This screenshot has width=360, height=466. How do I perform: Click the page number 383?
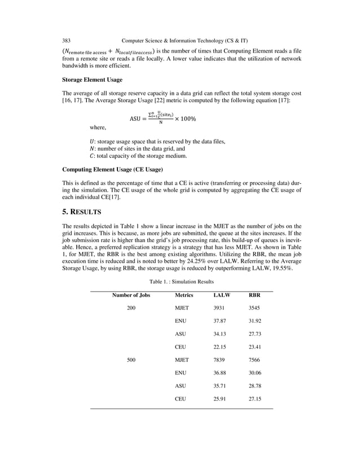[x=66, y=41]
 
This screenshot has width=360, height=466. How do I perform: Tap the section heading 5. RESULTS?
[x=81, y=212]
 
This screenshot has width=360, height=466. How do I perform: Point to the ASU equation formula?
[x=163, y=118]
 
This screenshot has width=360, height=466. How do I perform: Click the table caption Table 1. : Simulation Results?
[x=180, y=280]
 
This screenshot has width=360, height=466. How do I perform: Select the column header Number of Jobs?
[x=131, y=295]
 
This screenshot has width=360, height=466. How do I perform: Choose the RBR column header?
[x=254, y=295]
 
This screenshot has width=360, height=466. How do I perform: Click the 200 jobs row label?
[x=131, y=309]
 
